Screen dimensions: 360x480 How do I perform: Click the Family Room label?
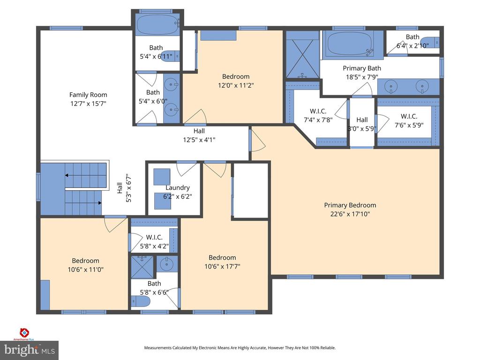(x=88, y=95)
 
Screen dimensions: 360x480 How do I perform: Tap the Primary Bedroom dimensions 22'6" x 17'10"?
(x=350, y=214)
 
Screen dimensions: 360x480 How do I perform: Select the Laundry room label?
(x=177, y=188)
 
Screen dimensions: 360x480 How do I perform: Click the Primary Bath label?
(x=361, y=68)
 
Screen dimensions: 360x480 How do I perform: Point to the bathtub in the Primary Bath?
(x=350, y=44)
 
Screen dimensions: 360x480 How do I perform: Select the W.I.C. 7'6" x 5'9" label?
(x=409, y=116)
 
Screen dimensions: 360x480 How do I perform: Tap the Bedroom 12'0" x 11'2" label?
(x=236, y=76)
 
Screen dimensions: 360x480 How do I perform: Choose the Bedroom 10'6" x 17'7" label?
(x=222, y=257)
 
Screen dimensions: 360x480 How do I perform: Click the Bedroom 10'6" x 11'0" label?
(x=85, y=261)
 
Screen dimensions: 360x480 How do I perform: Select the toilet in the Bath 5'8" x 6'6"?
(x=140, y=301)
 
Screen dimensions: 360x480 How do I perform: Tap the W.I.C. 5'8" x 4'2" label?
(x=154, y=237)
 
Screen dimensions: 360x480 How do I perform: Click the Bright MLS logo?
(x=29, y=350)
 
